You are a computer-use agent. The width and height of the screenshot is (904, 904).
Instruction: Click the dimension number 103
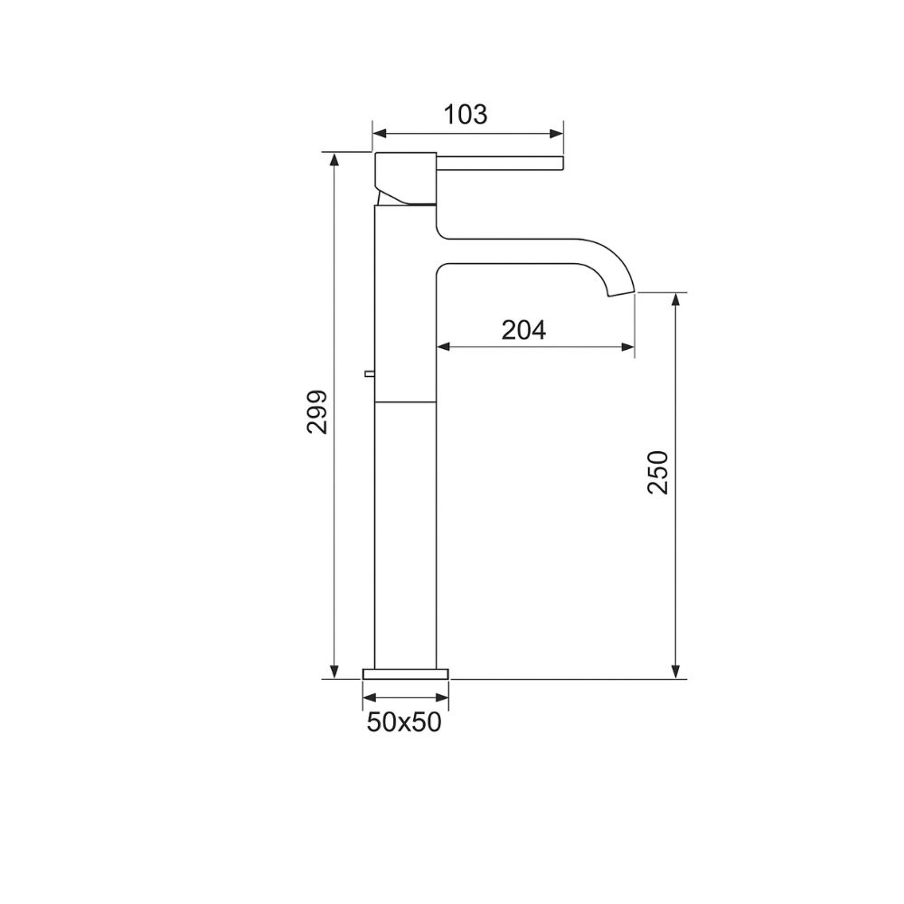[x=466, y=115]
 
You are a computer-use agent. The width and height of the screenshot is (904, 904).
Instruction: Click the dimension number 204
[x=524, y=330]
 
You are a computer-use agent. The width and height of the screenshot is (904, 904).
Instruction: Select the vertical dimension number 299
[x=316, y=412]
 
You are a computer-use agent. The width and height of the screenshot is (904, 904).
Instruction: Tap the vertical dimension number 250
[x=659, y=471]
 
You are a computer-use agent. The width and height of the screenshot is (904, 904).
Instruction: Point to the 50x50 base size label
[x=404, y=722]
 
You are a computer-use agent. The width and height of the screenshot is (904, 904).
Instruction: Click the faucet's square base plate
[x=406, y=673]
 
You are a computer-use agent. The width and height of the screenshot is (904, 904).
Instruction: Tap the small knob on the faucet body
[x=369, y=372]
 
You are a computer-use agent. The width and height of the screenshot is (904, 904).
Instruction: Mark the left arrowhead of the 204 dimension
[x=443, y=346]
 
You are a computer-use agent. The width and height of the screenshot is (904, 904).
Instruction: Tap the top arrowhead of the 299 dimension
[x=334, y=159]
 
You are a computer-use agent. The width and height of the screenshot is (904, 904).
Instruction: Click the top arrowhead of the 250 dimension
[x=675, y=299]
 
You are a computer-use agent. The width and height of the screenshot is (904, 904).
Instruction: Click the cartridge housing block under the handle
[x=407, y=179]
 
